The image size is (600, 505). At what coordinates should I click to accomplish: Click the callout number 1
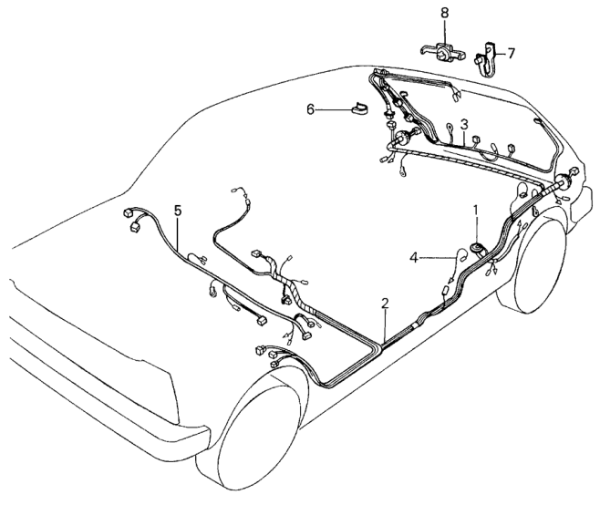(476, 211)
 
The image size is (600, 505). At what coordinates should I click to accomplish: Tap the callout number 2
(385, 304)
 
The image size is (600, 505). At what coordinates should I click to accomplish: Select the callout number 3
(464, 124)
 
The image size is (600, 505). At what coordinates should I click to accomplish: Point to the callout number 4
(414, 257)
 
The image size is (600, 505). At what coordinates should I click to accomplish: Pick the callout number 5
(178, 211)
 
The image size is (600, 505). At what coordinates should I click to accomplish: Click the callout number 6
(310, 109)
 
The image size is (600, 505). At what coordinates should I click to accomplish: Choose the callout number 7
(512, 53)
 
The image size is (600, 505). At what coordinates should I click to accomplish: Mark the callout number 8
(444, 13)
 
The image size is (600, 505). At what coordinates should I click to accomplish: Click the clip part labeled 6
(360, 108)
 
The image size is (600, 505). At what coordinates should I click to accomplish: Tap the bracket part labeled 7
(486, 59)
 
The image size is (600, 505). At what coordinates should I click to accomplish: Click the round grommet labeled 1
(477, 249)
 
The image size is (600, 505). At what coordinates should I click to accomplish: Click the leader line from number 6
(334, 109)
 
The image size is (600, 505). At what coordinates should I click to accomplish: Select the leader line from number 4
(439, 258)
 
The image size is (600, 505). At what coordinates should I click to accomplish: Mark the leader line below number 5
(179, 235)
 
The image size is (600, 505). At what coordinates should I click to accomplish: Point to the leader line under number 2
(385, 326)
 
